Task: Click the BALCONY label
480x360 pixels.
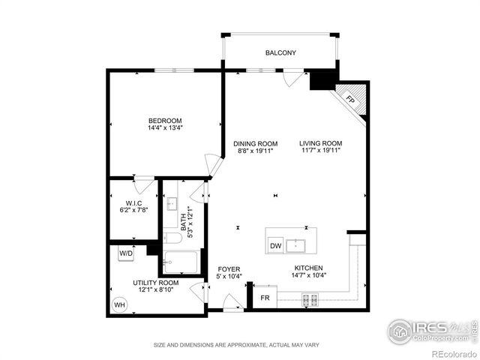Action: (x=281, y=53)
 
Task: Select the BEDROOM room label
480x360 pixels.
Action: (x=165, y=121)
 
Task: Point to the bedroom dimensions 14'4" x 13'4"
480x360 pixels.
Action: (x=165, y=128)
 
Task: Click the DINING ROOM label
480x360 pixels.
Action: (x=255, y=144)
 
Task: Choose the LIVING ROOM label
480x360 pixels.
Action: (x=320, y=144)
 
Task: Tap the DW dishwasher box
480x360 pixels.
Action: (x=275, y=245)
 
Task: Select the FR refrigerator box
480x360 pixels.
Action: (x=265, y=298)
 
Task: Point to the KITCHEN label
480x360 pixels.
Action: (x=308, y=268)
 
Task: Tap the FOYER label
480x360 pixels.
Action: (x=229, y=268)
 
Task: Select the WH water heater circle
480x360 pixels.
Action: (x=119, y=305)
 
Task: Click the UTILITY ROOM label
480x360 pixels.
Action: (x=156, y=281)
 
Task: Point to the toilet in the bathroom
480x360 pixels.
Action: (x=171, y=239)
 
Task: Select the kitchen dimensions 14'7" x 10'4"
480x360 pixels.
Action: (x=308, y=275)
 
